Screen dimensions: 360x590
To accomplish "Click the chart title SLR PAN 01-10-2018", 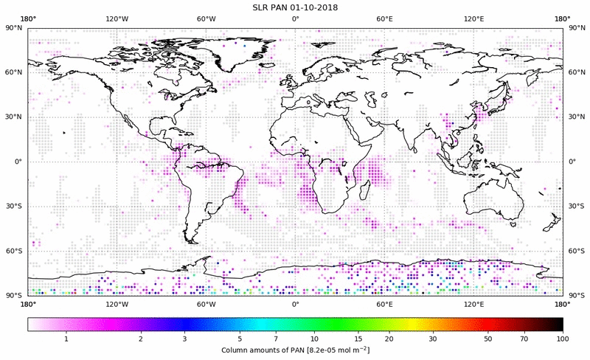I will (x=295, y=7).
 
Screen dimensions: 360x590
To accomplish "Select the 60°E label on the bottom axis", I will (x=384, y=303).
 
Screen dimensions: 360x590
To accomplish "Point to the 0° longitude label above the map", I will (x=295, y=19).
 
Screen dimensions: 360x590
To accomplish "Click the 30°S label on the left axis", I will (x=15, y=206).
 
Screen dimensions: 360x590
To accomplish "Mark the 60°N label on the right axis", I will (x=575, y=72).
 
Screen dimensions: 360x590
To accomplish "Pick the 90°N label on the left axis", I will (x=15, y=28).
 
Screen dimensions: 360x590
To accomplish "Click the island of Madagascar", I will (x=364, y=190).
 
